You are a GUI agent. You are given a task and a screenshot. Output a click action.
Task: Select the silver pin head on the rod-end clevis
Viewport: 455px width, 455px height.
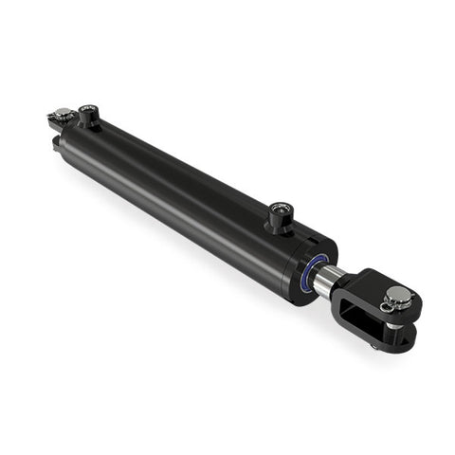point(399,297)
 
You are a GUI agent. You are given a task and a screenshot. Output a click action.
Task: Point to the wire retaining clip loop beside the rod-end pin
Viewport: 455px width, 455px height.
point(386,305)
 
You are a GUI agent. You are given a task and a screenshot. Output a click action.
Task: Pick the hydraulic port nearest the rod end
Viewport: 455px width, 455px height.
point(278,214)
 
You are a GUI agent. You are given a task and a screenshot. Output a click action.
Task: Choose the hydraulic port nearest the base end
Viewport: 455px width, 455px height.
point(88,117)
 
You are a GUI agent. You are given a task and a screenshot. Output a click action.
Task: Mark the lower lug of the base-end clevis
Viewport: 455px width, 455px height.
point(59,142)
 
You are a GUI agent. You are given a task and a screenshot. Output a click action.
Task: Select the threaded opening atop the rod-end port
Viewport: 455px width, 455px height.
point(278,208)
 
